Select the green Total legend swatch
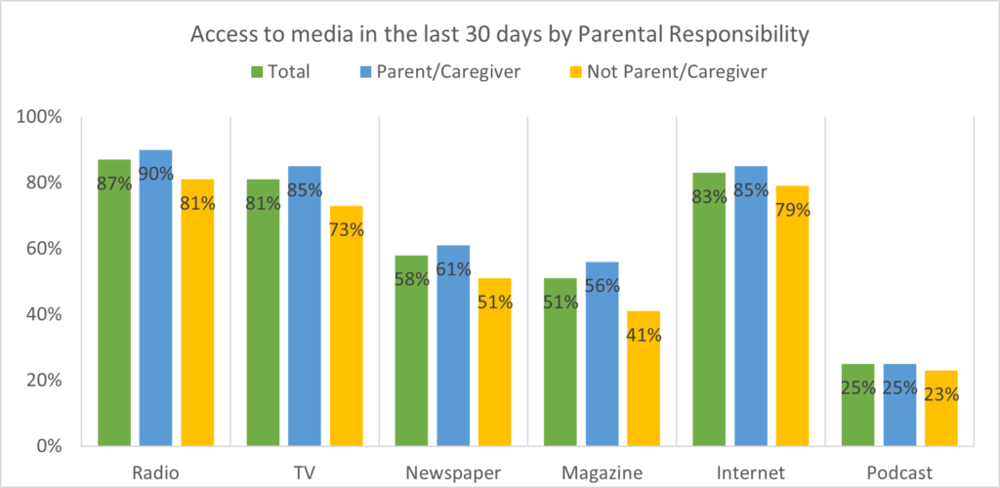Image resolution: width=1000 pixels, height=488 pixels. (x=258, y=71)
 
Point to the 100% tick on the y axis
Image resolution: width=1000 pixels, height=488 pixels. (x=40, y=117)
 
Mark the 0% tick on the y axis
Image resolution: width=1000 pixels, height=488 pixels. (x=48, y=446)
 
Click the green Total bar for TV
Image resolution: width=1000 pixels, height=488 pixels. (x=263, y=312)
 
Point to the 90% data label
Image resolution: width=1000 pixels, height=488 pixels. (x=155, y=175)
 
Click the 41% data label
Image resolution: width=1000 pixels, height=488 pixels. (x=644, y=335)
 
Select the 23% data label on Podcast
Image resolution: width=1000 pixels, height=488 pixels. (x=941, y=395)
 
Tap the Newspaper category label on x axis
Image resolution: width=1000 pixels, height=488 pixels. (x=453, y=473)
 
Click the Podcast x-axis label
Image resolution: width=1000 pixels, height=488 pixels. (x=899, y=473)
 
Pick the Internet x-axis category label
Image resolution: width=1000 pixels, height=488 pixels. (x=751, y=473)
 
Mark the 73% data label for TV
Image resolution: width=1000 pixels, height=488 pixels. (x=346, y=230)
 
